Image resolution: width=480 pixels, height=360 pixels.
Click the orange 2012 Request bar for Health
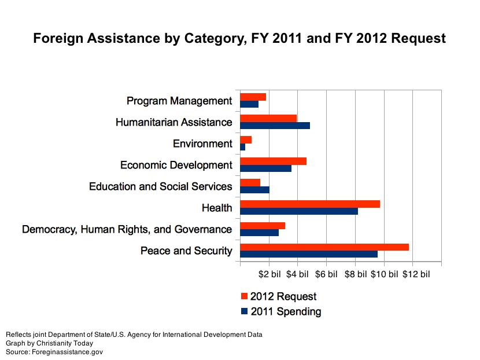pos(309,204)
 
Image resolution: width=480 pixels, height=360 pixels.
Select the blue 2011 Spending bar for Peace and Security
pos(308,254)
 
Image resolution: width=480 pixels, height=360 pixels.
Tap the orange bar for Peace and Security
pos(324,247)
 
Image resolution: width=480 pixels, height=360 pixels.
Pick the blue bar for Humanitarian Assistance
pos(275,126)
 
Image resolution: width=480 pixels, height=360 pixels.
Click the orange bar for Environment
pos(246,139)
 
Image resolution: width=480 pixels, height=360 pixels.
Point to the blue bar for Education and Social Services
pos(254,190)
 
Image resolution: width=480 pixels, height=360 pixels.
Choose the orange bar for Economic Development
pos(273,161)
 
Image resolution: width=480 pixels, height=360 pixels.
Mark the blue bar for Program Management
pos(249,104)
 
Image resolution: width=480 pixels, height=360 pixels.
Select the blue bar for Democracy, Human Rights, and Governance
pos(259,233)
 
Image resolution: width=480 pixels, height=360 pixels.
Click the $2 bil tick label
pos(269,274)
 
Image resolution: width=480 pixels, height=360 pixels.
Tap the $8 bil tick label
pos(356,274)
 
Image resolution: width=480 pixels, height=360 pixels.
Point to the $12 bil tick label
pos(416,274)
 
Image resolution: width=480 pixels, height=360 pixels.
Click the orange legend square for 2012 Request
pos(244,296)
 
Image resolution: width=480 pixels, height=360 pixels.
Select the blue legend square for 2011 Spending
pos(244,311)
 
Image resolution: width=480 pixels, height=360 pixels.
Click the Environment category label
pos(202,144)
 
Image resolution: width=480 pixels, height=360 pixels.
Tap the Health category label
pos(217,208)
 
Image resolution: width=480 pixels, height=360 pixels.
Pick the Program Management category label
pos(179,101)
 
